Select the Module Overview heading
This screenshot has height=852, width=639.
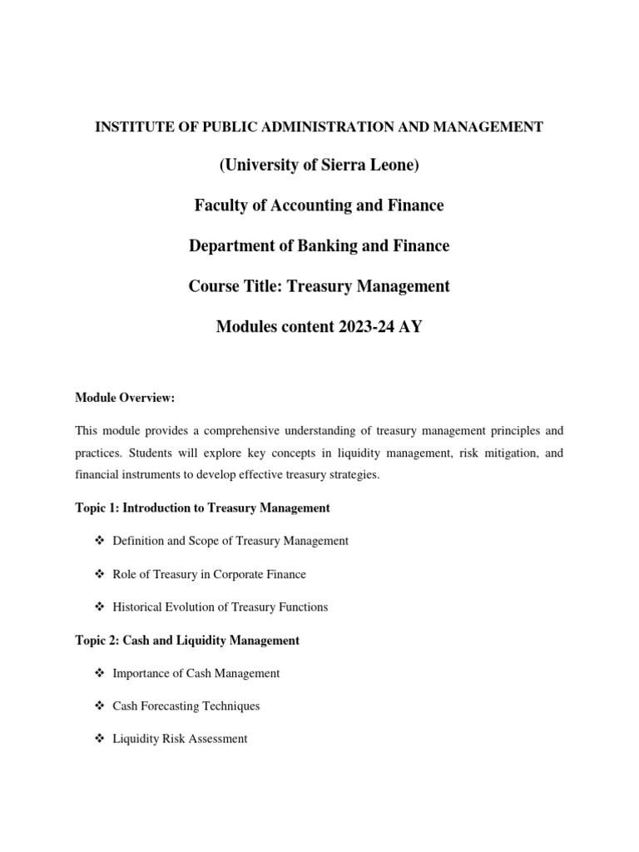125,398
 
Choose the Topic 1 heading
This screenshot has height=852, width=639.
202,508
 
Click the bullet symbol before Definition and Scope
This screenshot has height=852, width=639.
99,541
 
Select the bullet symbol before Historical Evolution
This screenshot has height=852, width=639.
99,607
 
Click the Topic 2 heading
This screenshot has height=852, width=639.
187,640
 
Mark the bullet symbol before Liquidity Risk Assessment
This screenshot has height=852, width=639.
99,739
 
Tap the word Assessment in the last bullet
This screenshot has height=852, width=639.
218,739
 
